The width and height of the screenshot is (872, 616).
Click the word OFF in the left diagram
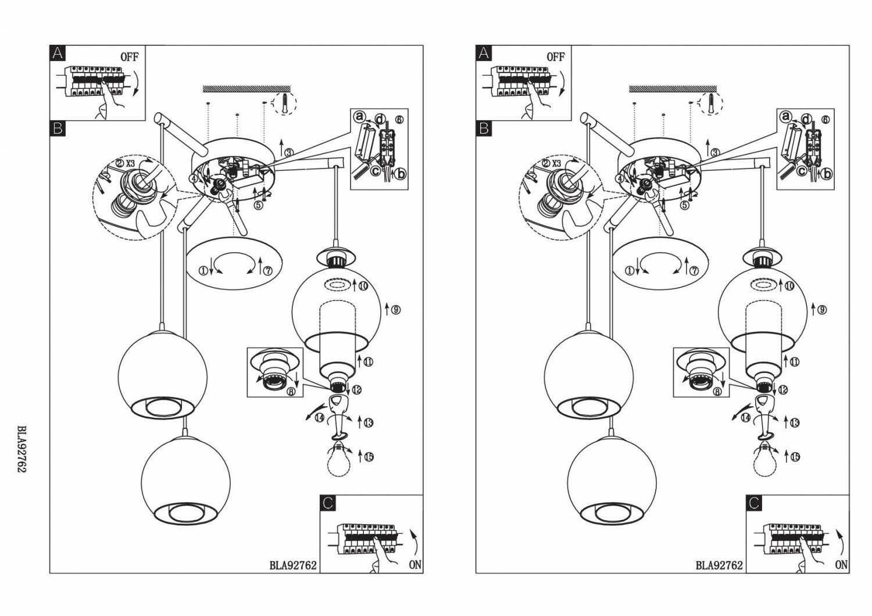(x=129, y=57)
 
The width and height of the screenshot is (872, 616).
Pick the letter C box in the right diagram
(x=754, y=503)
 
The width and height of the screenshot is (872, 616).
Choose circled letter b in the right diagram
(x=827, y=173)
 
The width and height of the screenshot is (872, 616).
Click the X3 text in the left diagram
(x=131, y=163)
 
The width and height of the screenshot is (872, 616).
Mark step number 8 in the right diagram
(x=717, y=392)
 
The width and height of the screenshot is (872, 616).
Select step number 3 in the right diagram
(x=715, y=152)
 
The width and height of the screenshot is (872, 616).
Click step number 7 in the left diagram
(x=268, y=271)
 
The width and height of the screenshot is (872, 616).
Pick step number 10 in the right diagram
(x=789, y=286)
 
